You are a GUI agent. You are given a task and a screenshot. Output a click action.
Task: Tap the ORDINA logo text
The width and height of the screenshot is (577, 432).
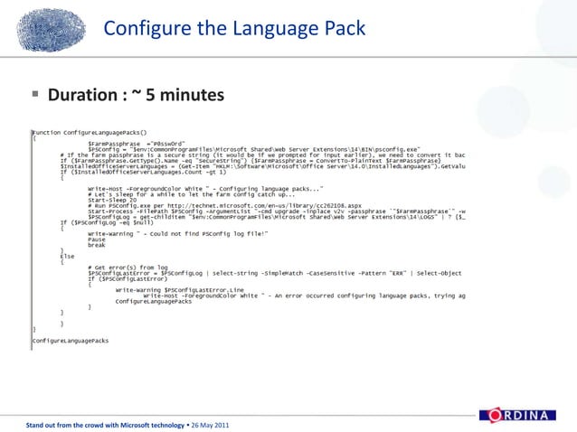(x=522, y=415)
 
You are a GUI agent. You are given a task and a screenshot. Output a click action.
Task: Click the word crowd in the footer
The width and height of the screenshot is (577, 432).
(x=88, y=424)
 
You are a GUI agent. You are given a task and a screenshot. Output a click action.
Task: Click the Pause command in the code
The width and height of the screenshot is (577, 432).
(x=97, y=239)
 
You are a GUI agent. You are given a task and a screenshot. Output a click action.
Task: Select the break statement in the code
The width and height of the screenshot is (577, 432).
(x=97, y=245)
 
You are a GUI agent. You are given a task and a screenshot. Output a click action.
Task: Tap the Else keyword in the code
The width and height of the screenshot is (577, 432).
(x=67, y=257)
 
